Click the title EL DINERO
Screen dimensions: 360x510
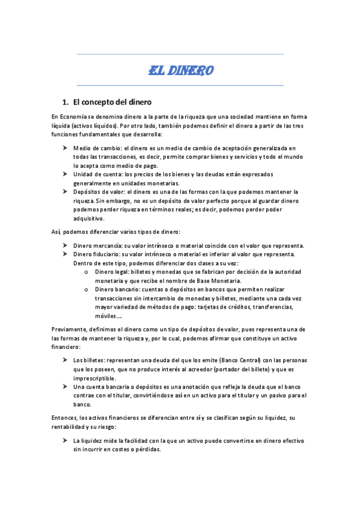point(180,71)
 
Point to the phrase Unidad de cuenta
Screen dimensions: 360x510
point(95,174)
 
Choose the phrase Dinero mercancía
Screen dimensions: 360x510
point(97,245)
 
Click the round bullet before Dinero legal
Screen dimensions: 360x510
point(88,272)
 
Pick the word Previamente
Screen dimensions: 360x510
point(71,330)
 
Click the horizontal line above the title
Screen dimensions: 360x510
point(180,55)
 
